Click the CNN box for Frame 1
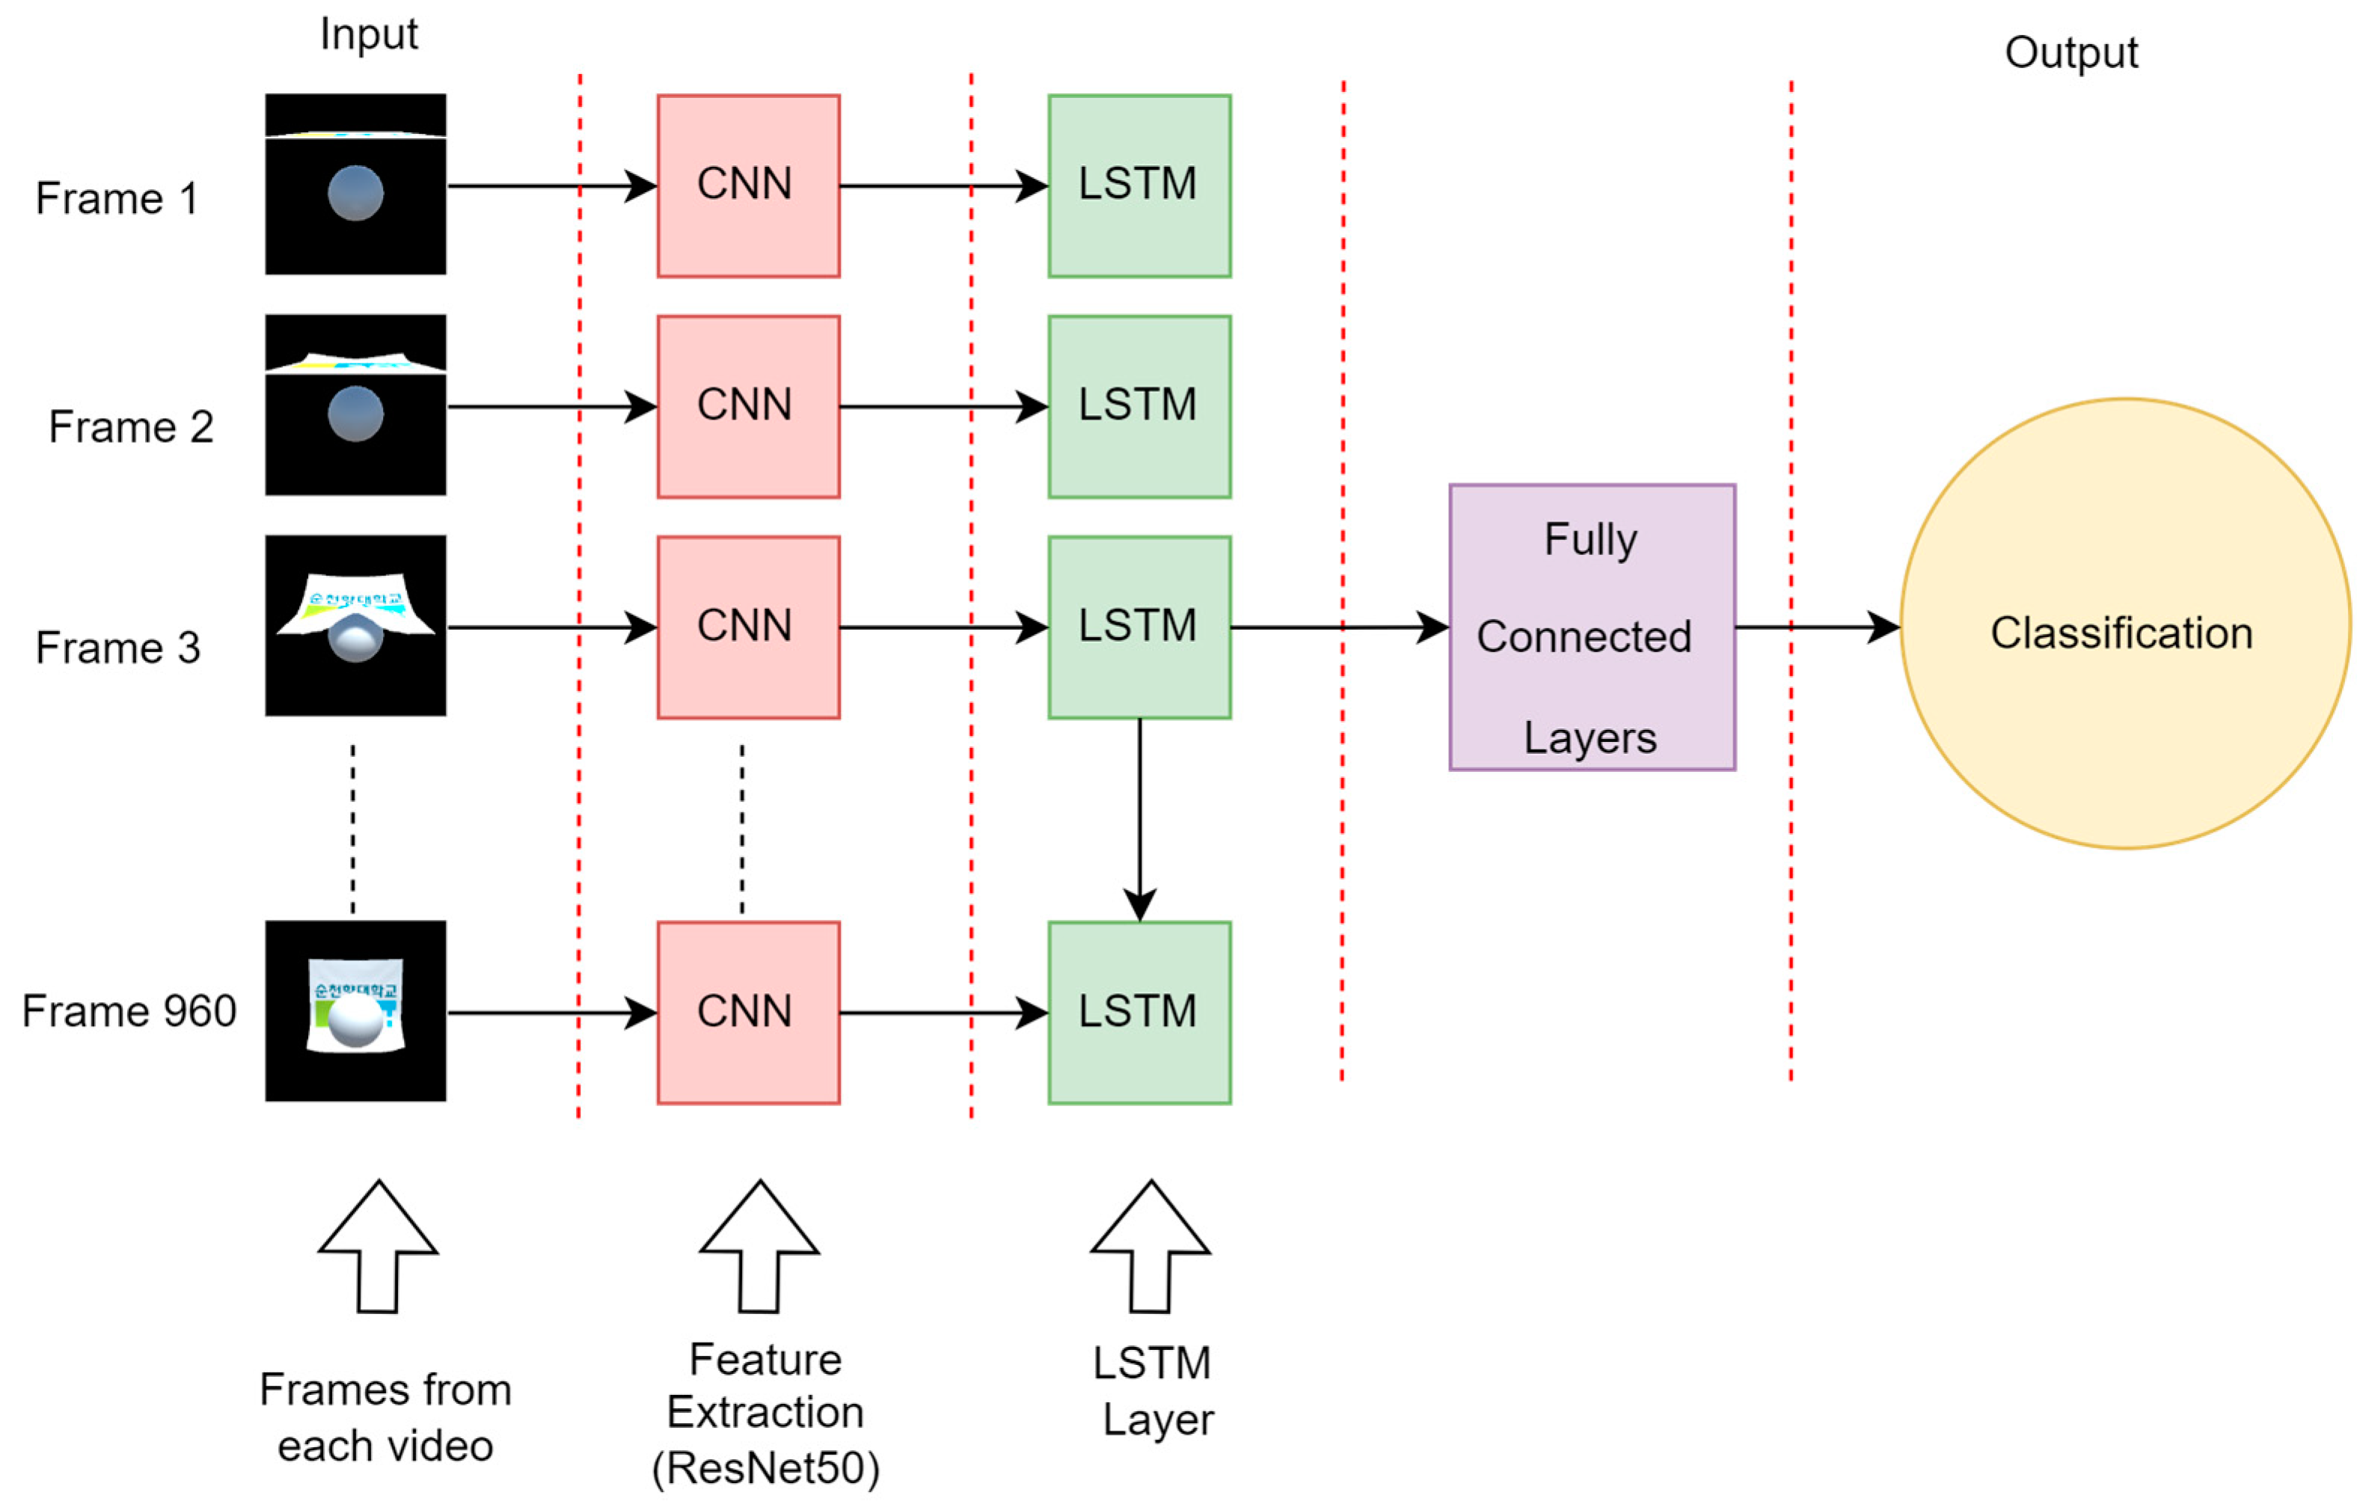(x=747, y=185)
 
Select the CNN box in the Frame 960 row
(x=747, y=1012)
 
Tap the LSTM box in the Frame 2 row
(x=1139, y=406)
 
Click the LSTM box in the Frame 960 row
(x=1139, y=1012)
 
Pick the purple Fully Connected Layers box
(x=1591, y=627)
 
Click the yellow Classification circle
(x=2124, y=623)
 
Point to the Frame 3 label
(x=117, y=648)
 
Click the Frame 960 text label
(x=129, y=1011)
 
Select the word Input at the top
(x=369, y=34)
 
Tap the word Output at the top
(x=2071, y=52)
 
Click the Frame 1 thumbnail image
(x=355, y=185)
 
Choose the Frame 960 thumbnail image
(x=355, y=1011)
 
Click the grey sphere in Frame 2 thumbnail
(x=355, y=414)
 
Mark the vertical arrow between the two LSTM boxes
(x=1139, y=819)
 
